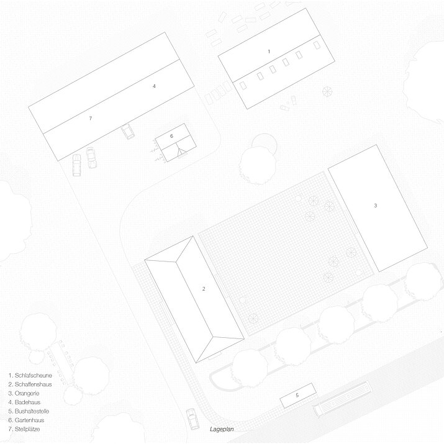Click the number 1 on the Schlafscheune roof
tap(269, 52)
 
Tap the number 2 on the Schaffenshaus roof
tap(204, 289)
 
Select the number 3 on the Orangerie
tap(376, 206)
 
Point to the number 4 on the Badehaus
tap(154, 86)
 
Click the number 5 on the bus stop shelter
tap(297, 395)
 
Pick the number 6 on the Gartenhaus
tap(171, 136)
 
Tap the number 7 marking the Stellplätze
tap(90, 119)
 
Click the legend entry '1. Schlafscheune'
tap(30, 376)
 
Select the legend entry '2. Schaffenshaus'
tap(30, 384)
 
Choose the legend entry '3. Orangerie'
tap(24, 393)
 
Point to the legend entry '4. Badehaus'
tap(24, 402)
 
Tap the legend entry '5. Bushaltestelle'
tap(29, 411)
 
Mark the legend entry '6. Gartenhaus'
tap(26, 420)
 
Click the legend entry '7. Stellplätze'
tap(24, 429)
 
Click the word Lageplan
tap(222, 429)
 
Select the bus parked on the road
tap(342, 399)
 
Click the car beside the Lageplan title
tap(193, 419)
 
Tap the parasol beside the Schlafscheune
tap(327, 91)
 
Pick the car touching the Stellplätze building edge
tap(128, 132)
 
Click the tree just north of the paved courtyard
tap(258, 164)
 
